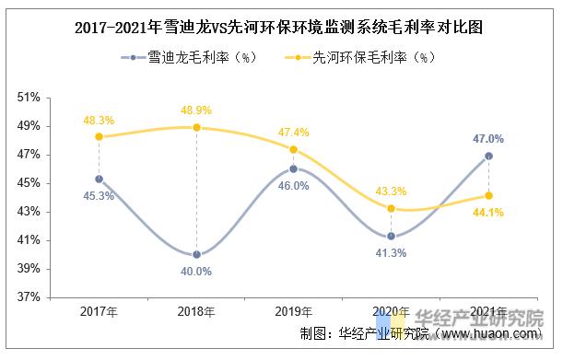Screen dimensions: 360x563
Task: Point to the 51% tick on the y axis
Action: coord(29,97)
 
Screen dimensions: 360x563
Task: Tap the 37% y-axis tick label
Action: coord(29,297)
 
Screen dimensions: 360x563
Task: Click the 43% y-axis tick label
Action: coord(29,212)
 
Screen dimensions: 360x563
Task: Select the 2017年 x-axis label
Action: coord(99,313)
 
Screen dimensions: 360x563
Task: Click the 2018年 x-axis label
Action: coord(196,313)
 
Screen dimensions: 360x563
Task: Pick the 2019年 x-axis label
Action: coord(294,313)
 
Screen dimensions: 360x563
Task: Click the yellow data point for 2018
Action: coord(196,127)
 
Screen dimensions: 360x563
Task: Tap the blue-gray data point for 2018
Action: coord(196,255)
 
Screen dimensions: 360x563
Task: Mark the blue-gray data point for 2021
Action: coord(488,156)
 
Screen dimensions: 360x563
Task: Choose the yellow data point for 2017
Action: coord(99,136)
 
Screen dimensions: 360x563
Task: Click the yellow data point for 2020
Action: coord(391,208)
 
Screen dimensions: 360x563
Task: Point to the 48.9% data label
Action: coord(196,110)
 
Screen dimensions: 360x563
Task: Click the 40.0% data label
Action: coord(196,272)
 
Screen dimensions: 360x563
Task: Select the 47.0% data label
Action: coord(488,139)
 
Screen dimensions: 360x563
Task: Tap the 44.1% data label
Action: coord(488,214)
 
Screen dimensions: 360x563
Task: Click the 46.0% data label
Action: coord(294,185)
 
